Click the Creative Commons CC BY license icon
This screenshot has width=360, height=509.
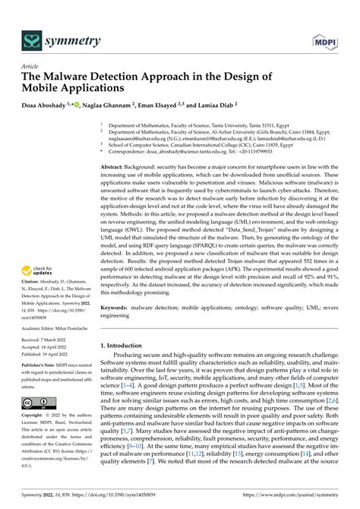point(37,402)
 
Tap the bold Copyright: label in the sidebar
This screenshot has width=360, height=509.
point(34,416)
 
